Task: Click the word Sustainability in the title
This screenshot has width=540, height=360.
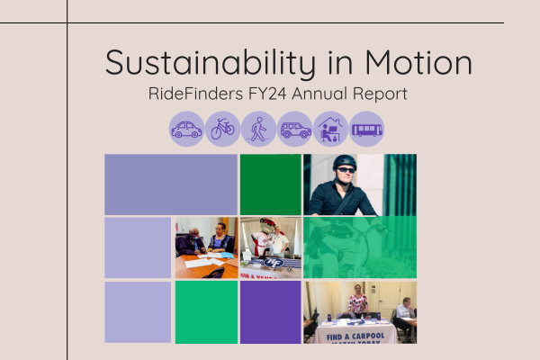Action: point(211,63)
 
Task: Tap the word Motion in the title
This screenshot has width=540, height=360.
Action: point(418,62)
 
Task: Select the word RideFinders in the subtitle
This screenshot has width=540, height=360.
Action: point(195,94)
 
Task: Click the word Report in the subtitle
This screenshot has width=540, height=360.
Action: point(380,94)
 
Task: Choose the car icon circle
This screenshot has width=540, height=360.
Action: point(186,130)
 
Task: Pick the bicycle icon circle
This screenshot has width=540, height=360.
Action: point(222,130)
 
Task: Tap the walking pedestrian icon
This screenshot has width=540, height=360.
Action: point(258,130)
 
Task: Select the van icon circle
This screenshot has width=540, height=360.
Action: point(295,130)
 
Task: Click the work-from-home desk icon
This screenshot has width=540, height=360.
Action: point(330,130)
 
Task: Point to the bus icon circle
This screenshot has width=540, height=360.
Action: point(367,130)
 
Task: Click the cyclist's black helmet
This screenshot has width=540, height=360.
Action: point(345,161)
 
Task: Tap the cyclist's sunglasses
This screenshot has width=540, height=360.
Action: point(346,170)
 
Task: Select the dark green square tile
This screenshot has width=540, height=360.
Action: point(271,184)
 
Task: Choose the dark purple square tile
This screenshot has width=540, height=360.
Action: point(271,312)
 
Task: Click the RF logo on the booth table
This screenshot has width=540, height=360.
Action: point(274,263)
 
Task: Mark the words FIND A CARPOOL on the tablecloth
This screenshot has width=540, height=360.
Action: point(355,337)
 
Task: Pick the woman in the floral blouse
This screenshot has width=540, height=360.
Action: point(358,301)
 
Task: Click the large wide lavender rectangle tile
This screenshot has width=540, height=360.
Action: point(171,184)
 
